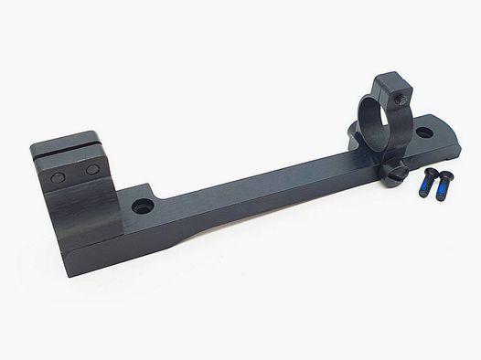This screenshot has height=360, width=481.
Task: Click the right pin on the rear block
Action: pyautogui.click(x=92, y=171)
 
